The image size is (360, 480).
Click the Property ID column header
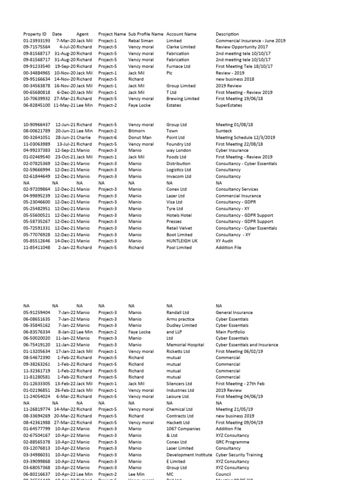coord(35,34)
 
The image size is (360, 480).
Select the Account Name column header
coord(181,34)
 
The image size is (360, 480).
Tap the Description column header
coord(227,34)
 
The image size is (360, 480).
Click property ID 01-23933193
coord(37,41)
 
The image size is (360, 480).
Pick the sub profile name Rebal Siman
coord(141,41)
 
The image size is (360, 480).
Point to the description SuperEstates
coord(229,105)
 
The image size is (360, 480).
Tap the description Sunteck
coord(224,131)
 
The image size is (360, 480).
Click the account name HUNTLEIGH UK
coord(182,241)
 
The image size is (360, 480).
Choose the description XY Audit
coord(224,241)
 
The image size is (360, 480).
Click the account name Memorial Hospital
coord(185,345)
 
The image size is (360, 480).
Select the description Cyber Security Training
coord(239,455)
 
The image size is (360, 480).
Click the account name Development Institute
coord(189,455)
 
